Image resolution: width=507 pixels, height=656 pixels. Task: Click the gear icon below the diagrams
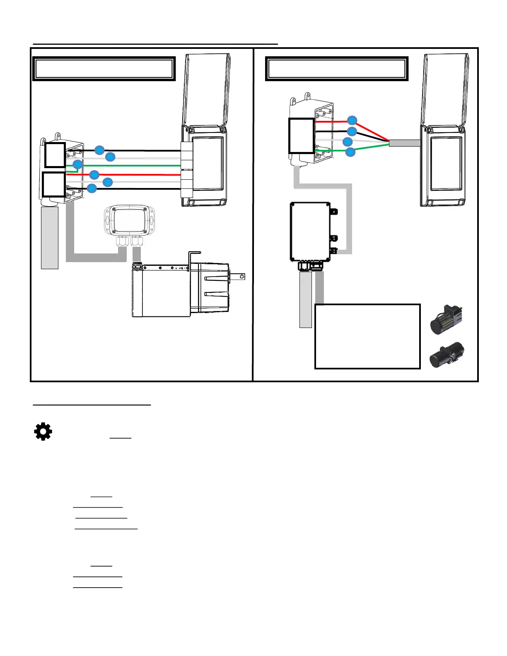43,432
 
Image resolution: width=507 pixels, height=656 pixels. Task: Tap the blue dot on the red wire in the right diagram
352,120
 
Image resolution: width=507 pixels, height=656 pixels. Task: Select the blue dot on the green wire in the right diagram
350,152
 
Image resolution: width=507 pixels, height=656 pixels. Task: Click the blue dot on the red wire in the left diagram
94,174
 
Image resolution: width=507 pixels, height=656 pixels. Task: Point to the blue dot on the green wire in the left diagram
78,164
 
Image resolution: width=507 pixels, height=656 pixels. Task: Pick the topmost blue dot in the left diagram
99,150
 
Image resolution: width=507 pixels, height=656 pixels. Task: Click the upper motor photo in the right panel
447,319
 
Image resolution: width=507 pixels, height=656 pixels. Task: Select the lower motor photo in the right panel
447,355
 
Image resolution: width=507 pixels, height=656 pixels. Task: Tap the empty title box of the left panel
104,69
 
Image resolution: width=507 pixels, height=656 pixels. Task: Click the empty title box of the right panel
336,69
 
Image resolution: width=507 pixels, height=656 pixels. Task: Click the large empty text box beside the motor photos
367,336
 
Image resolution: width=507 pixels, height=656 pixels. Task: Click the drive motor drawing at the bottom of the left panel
180,290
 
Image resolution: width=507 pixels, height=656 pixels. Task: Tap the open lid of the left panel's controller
206,89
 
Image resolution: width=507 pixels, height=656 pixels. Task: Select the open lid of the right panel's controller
445,89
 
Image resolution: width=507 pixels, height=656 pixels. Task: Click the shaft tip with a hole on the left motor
242,276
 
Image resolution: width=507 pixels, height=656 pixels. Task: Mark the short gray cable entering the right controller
405,143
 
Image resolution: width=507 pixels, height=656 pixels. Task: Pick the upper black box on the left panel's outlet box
55,155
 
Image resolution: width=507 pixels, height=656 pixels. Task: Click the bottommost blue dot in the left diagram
92,188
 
